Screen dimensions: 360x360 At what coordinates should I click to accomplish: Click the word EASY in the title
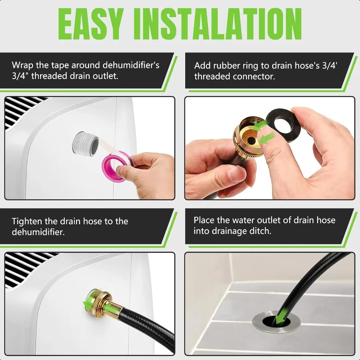pos(93,23)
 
